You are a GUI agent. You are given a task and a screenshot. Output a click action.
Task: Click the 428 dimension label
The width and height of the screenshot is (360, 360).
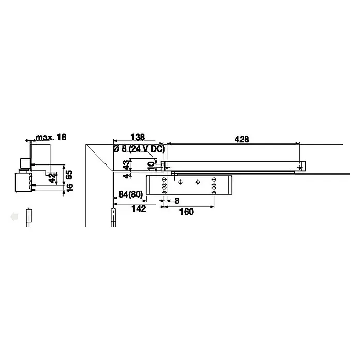tap(242, 139)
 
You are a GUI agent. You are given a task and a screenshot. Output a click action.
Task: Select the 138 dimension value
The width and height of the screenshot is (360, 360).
tap(138, 137)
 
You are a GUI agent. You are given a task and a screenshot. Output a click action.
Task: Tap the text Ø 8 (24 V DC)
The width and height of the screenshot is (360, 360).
tap(139, 149)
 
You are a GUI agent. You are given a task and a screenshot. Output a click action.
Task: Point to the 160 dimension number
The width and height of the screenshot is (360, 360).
tap(187, 212)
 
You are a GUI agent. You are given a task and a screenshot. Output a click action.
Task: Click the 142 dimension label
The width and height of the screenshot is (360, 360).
tap(139, 208)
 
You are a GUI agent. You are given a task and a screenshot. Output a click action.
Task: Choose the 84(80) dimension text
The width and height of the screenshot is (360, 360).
tap(130, 194)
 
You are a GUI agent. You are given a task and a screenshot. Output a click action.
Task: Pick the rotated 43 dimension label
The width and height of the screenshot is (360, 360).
tap(126, 164)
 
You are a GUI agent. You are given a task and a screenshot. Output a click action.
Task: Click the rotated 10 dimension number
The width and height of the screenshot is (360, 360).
tap(151, 166)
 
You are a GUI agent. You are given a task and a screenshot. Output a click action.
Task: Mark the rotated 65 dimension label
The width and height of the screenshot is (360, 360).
tap(69, 175)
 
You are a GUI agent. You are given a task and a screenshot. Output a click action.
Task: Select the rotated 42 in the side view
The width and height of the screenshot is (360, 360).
tap(53, 178)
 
